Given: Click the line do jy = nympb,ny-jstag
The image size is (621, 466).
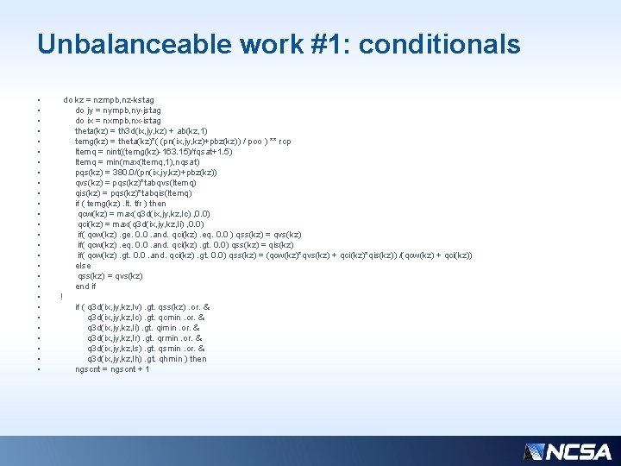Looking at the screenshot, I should pyautogui.click(x=118, y=110).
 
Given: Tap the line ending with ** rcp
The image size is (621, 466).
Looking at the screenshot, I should pyautogui.click(x=183, y=142).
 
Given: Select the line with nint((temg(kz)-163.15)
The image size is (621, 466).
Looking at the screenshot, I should pyautogui.click(x=154, y=152).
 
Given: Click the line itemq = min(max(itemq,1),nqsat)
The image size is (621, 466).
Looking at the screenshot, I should pyautogui.click(x=138, y=162).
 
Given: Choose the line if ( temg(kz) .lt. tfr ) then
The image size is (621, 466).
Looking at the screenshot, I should pyautogui.click(x=121, y=204).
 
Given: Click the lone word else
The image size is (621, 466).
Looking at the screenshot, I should pyautogui.click(x=83, y=266).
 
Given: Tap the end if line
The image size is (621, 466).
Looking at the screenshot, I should pyautogui.click(x=85, y=287).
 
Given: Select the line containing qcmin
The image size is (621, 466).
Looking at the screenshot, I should pyautogui.click(x=144, y=318).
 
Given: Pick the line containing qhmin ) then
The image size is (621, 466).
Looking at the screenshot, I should pyautogui.click(x=147, y=359).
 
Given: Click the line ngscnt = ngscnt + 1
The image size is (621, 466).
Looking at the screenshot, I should pyautogui.click(x=112, y=369).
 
